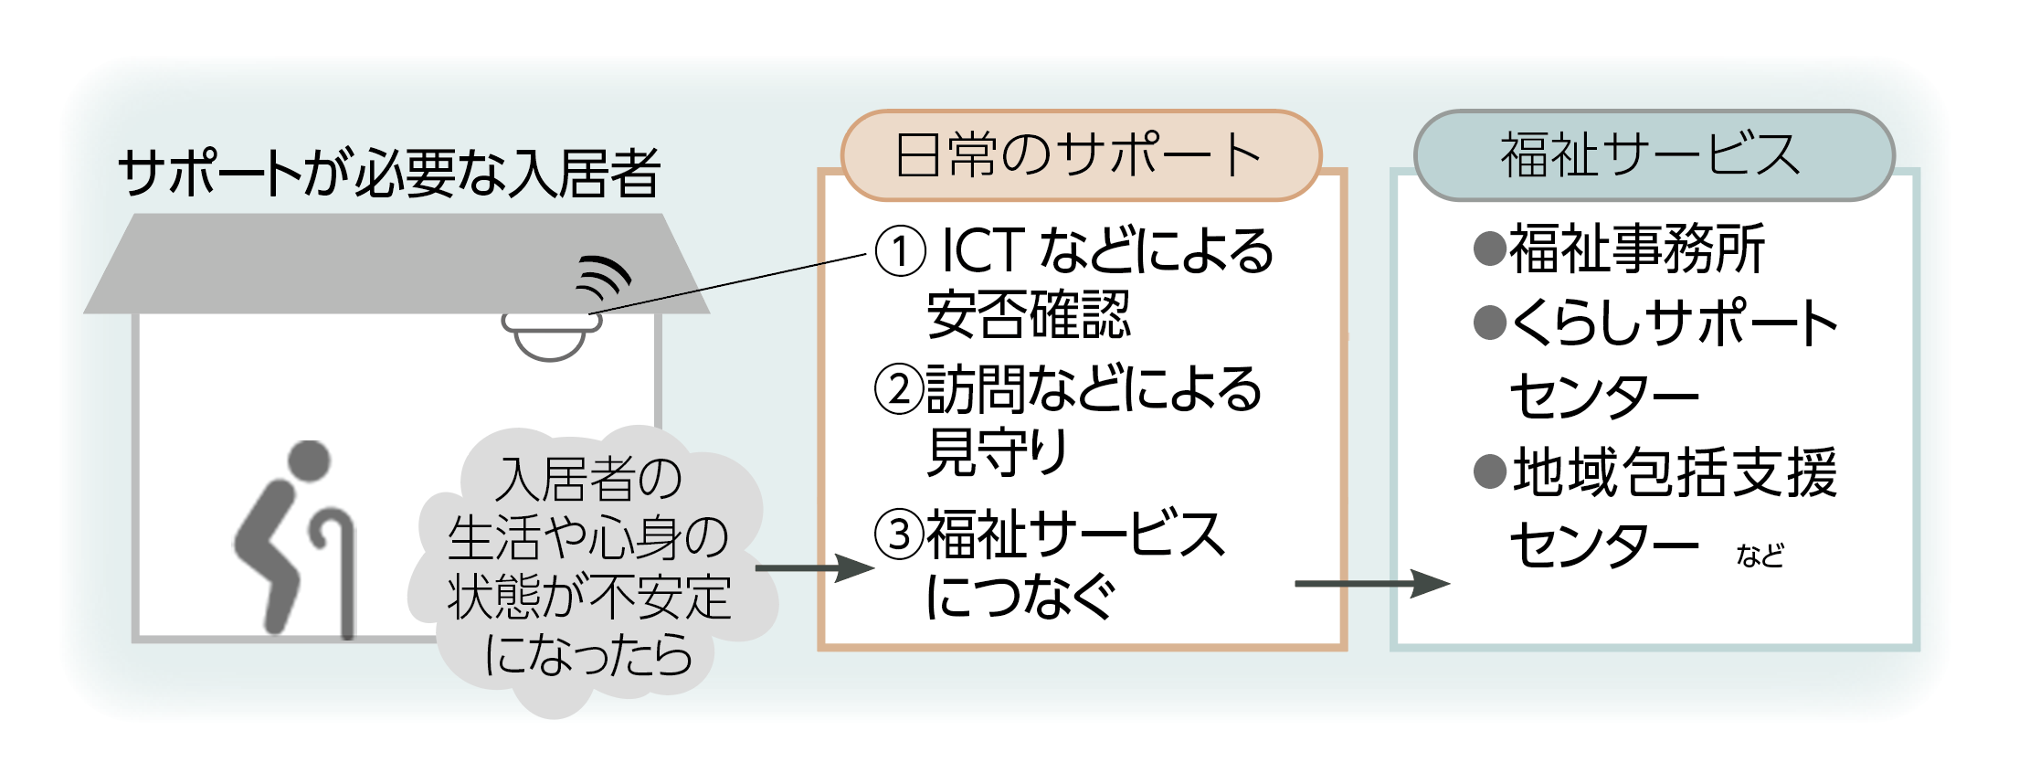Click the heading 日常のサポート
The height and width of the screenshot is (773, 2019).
1080,155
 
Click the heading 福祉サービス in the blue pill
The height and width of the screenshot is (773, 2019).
1652,155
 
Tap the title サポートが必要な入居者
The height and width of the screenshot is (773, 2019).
389,173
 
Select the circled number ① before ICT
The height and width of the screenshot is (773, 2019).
900,251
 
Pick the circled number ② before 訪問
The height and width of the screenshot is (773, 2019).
899,389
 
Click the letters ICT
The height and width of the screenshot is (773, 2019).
983,251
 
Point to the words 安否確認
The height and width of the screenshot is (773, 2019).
1029,315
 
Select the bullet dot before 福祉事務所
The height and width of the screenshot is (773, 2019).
1490,249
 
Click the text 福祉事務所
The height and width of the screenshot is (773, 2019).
1636,249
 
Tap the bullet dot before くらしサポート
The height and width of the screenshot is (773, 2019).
1490,323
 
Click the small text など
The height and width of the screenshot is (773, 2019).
1760,556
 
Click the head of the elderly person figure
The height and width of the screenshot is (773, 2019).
309,461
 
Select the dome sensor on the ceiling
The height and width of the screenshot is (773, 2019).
550,336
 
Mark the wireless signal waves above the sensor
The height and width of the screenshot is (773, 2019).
604,276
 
